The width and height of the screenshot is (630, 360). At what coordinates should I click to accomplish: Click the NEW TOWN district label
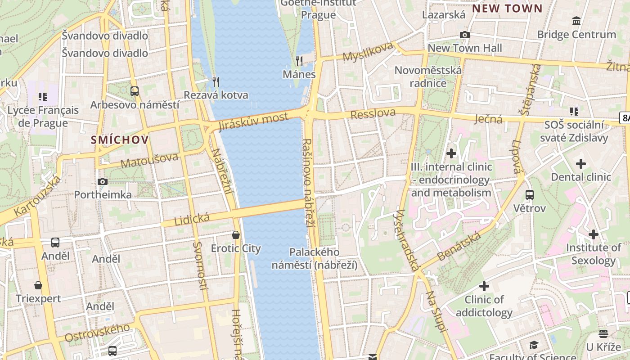[x=507, y=8]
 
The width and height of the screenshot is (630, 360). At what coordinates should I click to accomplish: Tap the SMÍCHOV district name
[x=120, y=139]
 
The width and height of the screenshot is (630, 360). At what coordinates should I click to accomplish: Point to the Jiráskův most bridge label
[x=253, y=121]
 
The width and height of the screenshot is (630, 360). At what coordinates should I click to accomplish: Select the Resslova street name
[x=373, y=113]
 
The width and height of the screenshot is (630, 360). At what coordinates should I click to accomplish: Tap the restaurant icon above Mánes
[x=299, y=61]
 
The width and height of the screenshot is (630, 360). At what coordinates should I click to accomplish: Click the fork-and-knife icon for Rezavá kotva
[x=216, y=81]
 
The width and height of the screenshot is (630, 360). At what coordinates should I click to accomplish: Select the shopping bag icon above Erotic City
[x=236, y=235]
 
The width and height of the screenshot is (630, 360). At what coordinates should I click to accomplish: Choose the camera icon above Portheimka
[x=103, y=181]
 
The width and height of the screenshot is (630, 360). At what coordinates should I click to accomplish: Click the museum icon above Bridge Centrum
[x=576, y=21]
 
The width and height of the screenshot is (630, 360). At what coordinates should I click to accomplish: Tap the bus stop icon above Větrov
[x=530, y=195]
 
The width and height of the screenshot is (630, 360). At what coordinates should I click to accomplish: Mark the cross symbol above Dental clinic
[x=581, y=164]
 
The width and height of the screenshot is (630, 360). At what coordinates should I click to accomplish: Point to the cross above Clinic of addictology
[x=484, y=286]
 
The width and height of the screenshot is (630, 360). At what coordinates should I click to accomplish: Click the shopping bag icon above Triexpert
[x=38, y=285]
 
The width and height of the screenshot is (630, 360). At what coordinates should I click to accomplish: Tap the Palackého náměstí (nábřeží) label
[x=315, y=258]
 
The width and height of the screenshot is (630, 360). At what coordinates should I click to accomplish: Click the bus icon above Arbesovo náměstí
[x=135, y=91]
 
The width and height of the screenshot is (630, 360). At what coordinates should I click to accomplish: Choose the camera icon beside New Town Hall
[x=465, y=35]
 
